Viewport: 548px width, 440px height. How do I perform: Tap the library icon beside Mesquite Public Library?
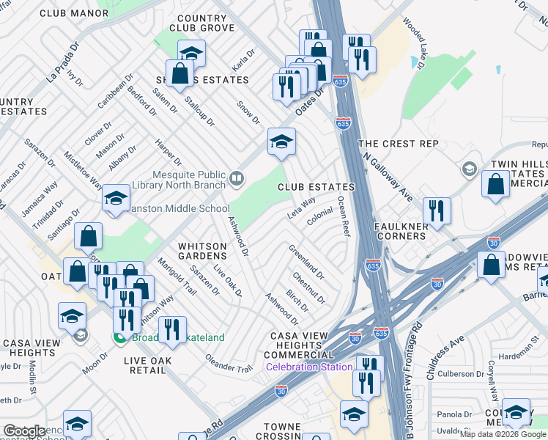237,178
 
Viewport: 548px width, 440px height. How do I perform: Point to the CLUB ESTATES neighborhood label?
316,188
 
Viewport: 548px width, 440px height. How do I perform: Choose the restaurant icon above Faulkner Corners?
437,211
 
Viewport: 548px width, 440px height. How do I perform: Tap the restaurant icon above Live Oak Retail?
172,330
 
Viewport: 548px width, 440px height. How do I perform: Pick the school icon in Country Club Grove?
192,53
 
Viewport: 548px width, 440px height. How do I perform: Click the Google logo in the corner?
24,431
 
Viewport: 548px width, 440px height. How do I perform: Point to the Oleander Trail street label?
233,365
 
